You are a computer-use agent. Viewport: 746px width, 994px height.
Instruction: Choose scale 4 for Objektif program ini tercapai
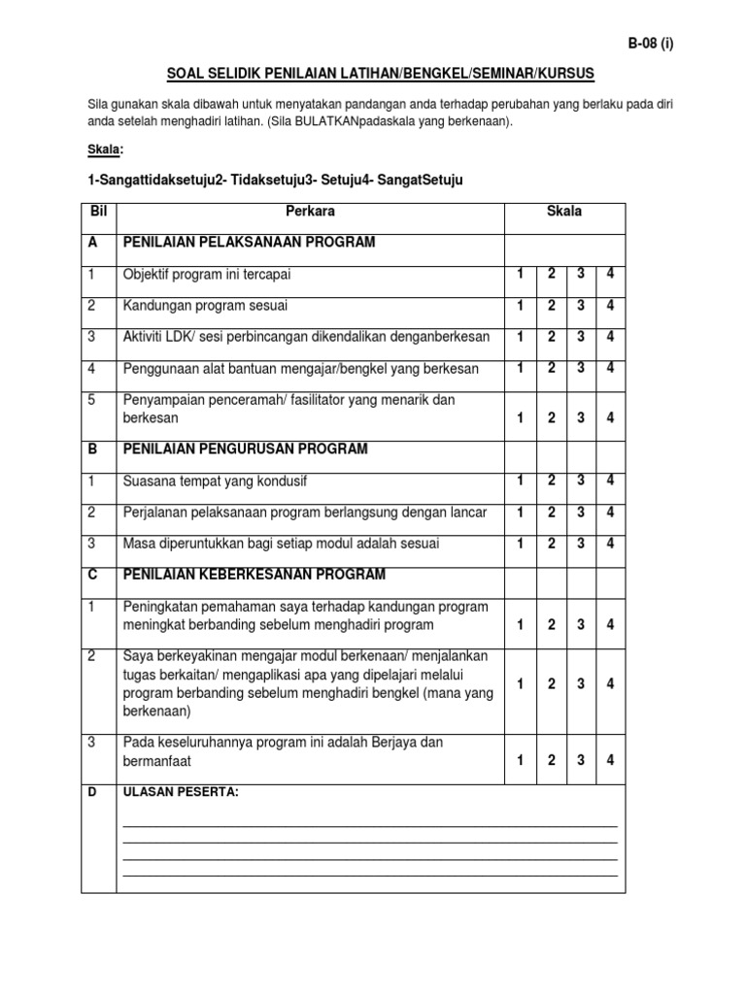pyautogui.click(x=610, y=274)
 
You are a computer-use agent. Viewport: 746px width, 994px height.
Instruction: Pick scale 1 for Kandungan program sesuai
pyautogui.click(x=521, y=305)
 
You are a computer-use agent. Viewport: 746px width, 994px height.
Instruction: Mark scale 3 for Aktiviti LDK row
pyautogui.click(x=581, y=336)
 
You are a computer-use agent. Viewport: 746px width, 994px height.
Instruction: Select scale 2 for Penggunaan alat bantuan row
pyautogui.click(x=551, y=367)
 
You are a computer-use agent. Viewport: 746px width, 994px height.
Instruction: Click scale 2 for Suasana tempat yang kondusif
pyautogui.click(x=551, y=480)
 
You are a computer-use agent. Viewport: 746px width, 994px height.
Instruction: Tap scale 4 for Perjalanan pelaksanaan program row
pyautogui.click(x=610, y=511)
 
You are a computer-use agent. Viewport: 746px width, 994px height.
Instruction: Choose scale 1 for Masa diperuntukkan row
pyautogui.click(x=521, y=543)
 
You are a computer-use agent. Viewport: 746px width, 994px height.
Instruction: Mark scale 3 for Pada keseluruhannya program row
pyautogui.click(x=581, y=760)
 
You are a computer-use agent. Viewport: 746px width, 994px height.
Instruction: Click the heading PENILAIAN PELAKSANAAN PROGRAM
pyautogui.click(x=249, y=243)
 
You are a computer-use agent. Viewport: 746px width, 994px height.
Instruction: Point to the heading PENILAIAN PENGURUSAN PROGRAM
pyautogui.click(x=245, y=449)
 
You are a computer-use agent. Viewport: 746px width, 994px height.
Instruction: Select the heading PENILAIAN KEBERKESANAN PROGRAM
pyautogui.click(x=254, y=574)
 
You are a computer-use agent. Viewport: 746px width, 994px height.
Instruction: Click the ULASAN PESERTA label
pyautogui.click(x=180, y=793)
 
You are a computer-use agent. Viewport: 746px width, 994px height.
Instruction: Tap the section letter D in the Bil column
pyautogui.click(x=93, y=793)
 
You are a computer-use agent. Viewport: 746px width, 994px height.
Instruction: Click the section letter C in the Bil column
pyautogui.click(x=93, y=574)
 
